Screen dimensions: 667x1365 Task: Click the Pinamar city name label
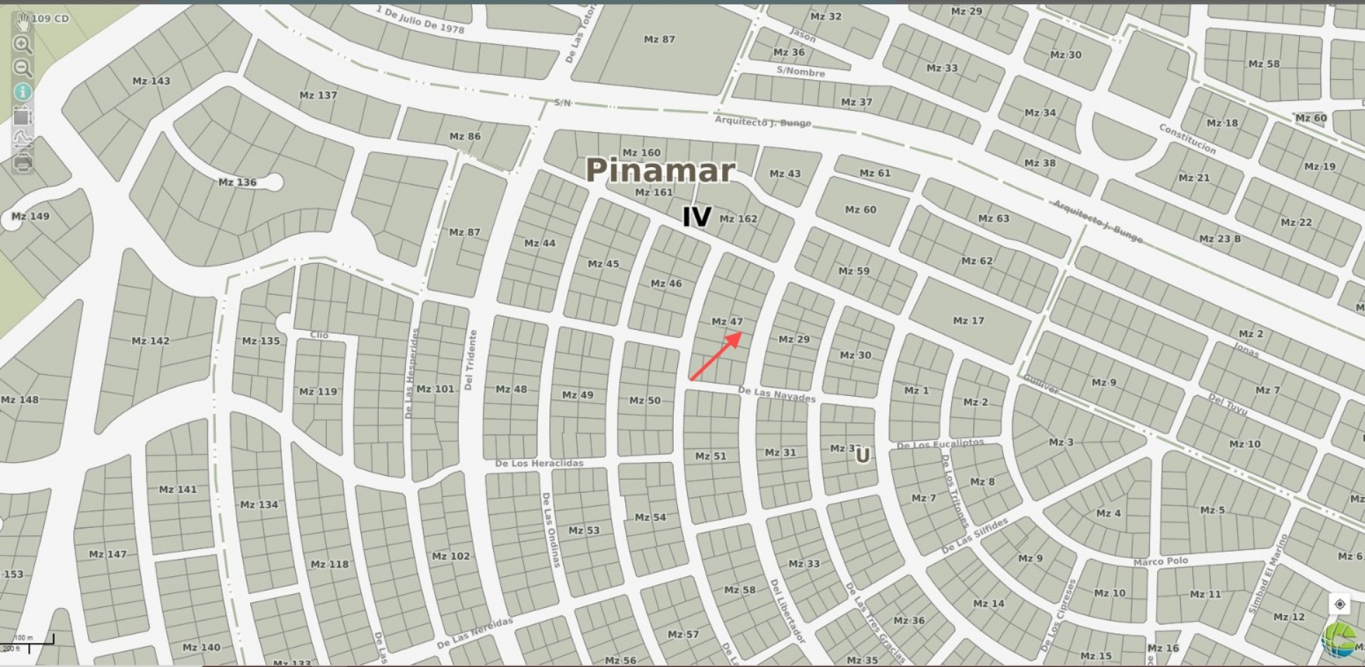[x=660, y=170]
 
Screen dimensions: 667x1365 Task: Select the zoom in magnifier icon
[x=22, y=45]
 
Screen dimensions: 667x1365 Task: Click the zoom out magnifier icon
[x=22, y=68]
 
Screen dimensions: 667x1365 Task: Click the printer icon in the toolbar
[x=22, y=163]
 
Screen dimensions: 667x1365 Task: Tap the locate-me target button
[x=1340, y=604]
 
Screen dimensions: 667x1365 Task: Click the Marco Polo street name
[x=1161, y=561]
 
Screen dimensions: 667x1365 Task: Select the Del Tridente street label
[x=470, y=360]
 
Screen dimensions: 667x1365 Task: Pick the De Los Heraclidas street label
[x=540, y=463]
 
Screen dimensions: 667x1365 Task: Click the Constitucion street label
[x=1187, y=139]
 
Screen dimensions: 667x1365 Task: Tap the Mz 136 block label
[x=237, y=182]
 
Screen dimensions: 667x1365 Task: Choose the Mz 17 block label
[x=969, y=321]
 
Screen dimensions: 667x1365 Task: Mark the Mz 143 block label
[x=152, y=81]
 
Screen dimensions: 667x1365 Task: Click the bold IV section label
[x=697, y=217]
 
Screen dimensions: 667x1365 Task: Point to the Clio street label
[x=319, y=335]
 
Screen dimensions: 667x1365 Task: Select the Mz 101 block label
[x=436, y=388]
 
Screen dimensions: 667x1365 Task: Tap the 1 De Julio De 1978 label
[x=420, y=19]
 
